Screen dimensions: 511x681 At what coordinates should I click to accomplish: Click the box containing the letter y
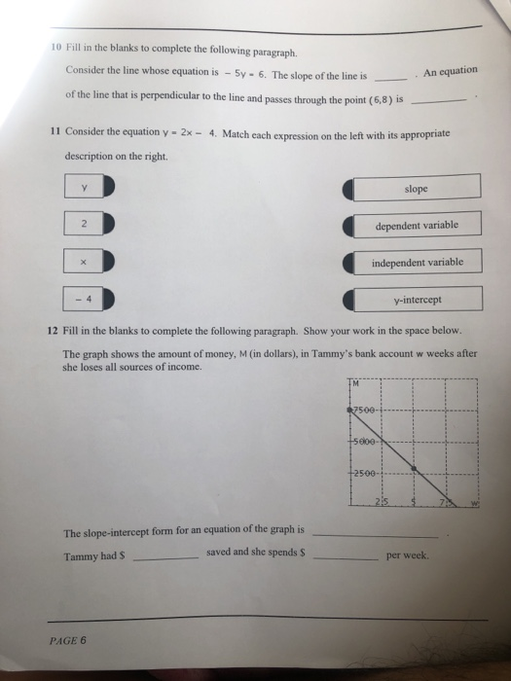point(85,187)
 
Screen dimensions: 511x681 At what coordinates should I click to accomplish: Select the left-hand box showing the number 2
point(85,224)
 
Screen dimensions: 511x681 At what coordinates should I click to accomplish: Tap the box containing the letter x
point(85,262)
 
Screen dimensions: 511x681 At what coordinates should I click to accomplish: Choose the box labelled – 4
point(85,299)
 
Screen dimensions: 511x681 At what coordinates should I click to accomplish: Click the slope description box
point(416,187)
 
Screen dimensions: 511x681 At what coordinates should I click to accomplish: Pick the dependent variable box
point(416,225)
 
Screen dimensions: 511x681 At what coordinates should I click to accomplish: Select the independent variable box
point(416,263)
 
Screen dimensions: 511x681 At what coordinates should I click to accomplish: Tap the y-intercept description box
point(416,300)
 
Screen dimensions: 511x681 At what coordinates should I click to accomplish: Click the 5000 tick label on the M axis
point(366,440)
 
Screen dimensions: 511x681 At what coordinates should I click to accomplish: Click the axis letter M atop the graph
point(355,382)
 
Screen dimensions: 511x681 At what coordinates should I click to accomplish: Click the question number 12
point(54,329)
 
